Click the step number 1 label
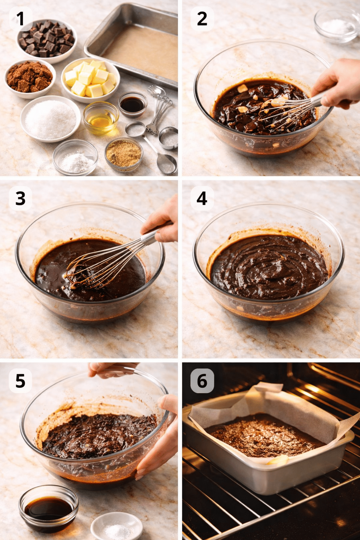20,19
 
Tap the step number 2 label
202,19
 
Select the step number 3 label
20,199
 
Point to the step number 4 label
202,199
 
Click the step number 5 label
20,381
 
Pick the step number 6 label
202,381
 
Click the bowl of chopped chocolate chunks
47,39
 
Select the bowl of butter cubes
90,79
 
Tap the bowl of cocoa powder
30,78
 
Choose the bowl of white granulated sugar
50,119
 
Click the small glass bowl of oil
101,118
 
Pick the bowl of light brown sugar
123,154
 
